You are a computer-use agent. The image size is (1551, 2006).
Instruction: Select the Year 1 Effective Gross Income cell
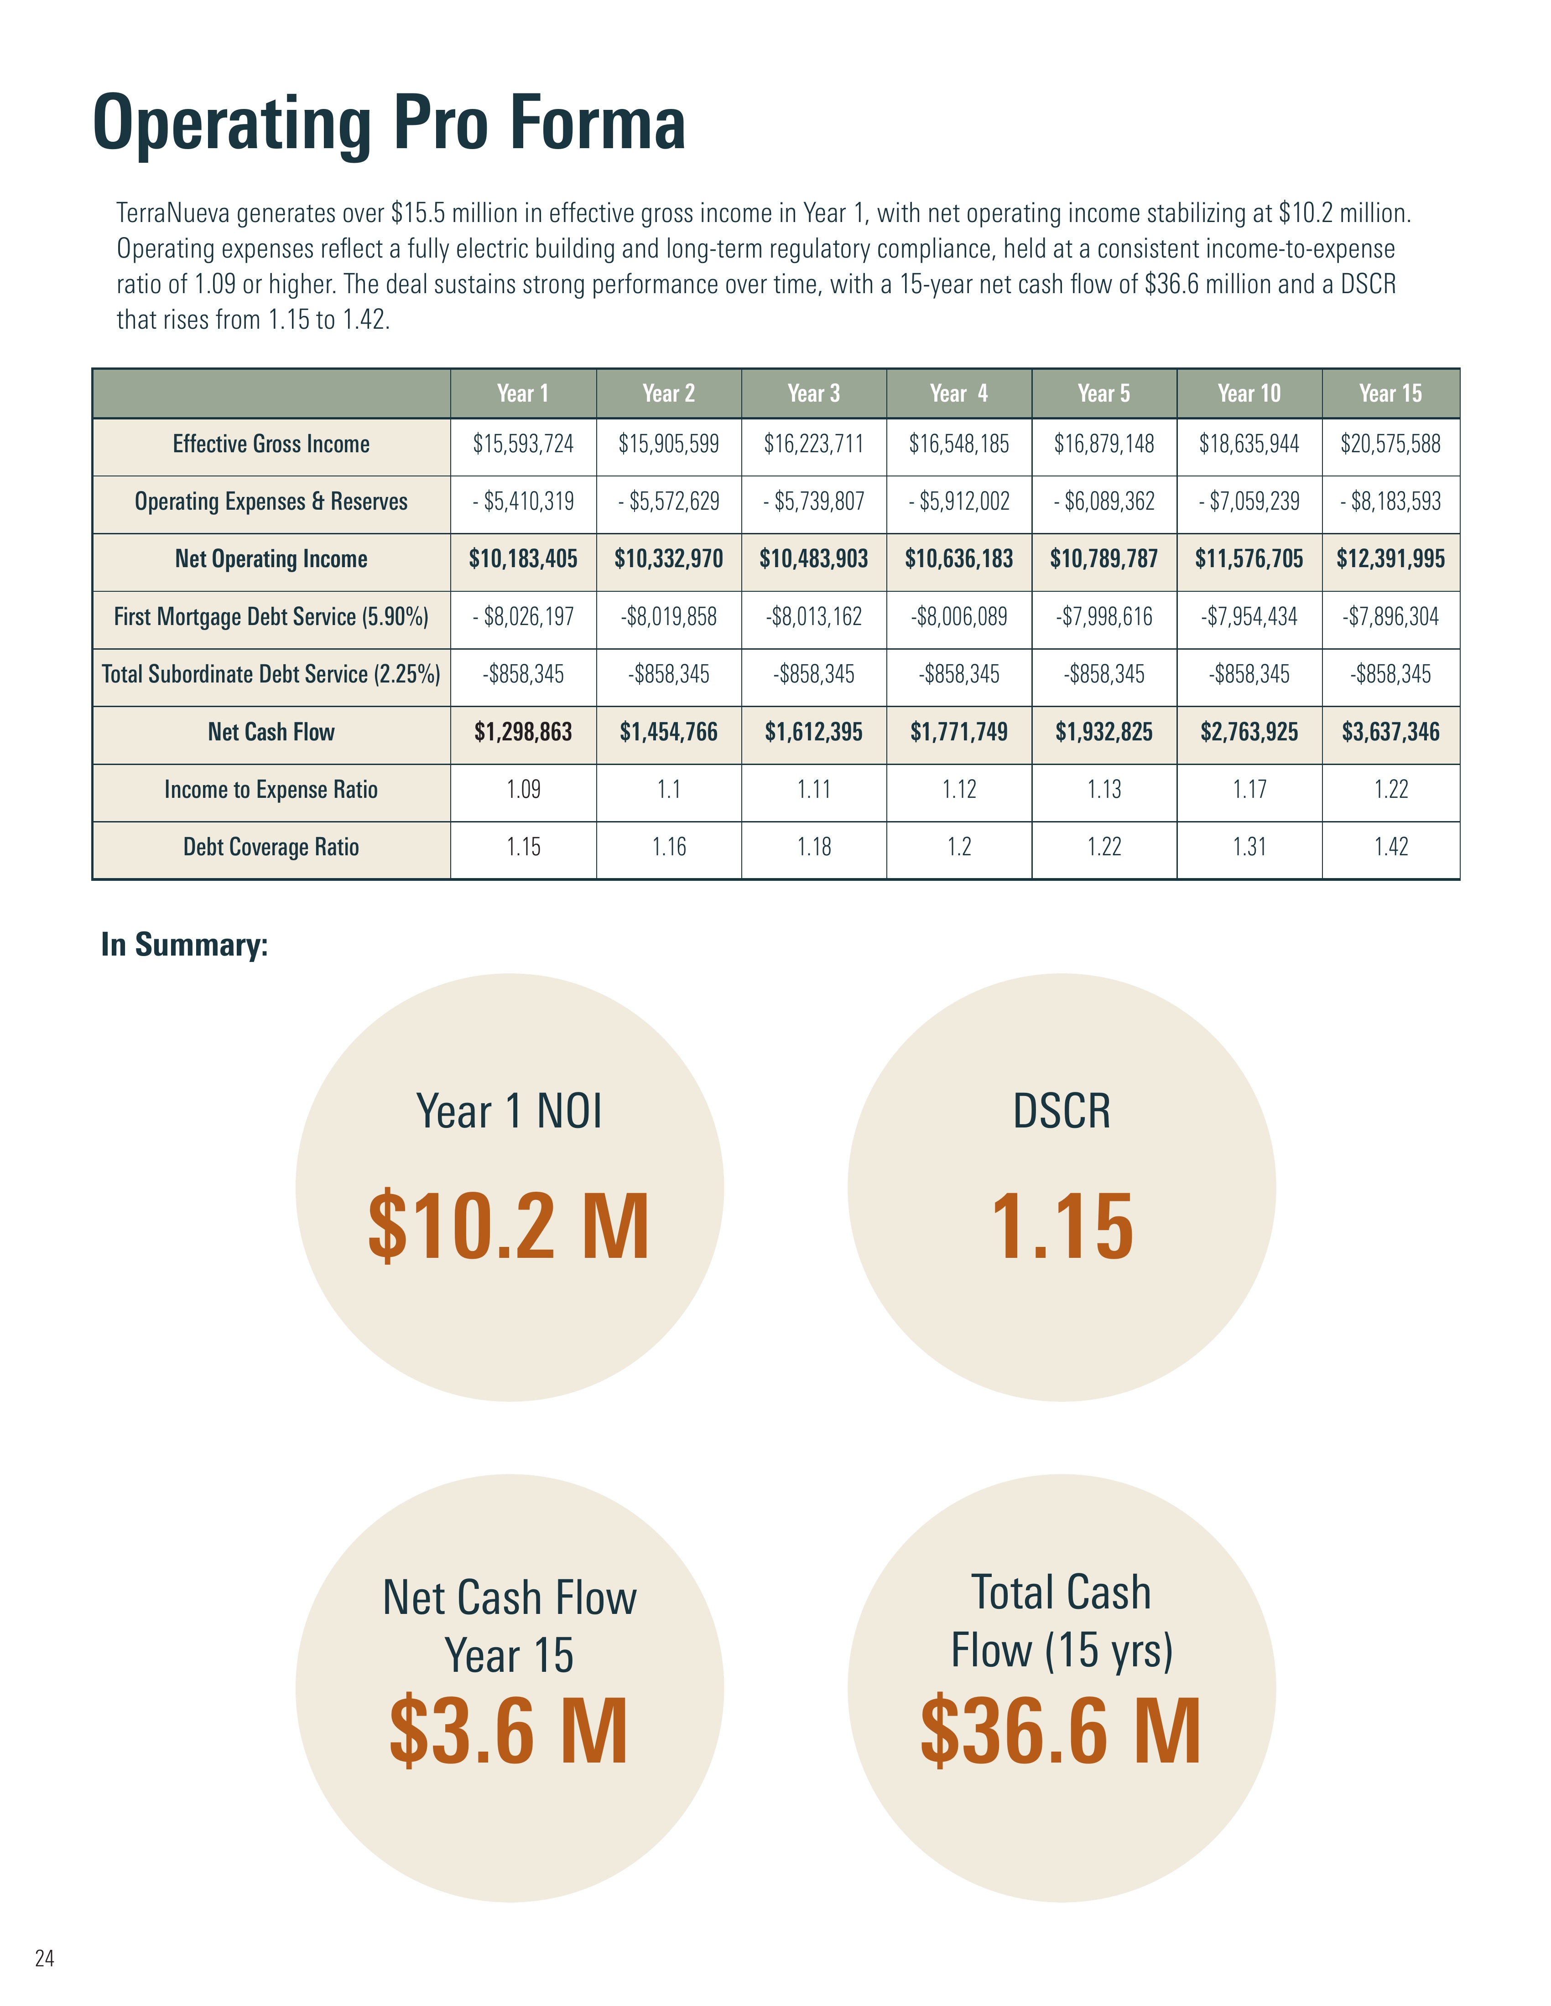(523, 445)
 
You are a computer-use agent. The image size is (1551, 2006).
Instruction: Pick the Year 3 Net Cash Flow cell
(813, 732)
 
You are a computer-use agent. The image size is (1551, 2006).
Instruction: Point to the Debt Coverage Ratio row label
(271, 847)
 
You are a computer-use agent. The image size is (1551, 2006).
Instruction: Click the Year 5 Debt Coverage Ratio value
(1103, 847)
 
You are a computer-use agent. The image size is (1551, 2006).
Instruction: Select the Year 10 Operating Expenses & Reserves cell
(1249, 501)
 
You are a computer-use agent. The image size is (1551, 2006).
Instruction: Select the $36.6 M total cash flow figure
(1061, 1732)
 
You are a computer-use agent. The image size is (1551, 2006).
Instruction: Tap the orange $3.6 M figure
(508, 1732)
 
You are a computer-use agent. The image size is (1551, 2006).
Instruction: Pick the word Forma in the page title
(597, 124)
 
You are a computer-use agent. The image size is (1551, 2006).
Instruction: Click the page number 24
(44, 1958)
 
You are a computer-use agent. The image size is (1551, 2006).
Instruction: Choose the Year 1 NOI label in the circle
(509, 1112)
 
